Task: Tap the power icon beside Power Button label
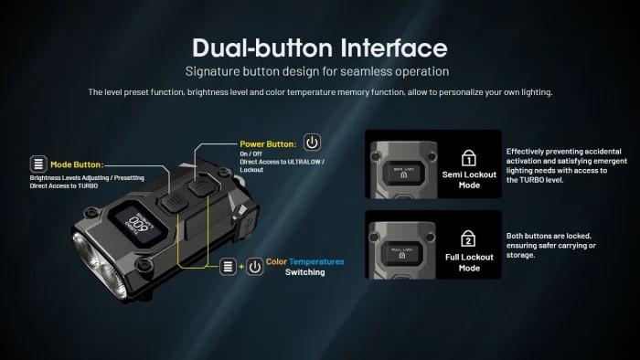[313, 143]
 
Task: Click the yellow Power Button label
[268, 143]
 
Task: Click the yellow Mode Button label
[77, 164]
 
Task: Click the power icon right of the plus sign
[253, 266]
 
